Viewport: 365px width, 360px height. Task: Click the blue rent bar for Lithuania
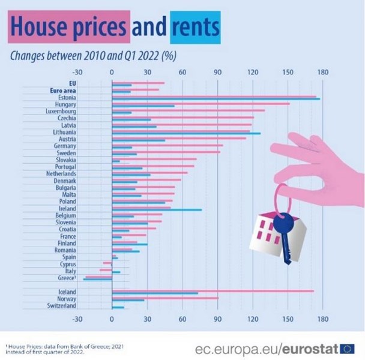pyautogui.click(x=186, y=133)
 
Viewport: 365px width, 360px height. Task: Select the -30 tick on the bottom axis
pyautogui.click(x=77, y=319)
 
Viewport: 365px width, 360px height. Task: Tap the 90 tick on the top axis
pyautogui.click(x=217, y=73)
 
